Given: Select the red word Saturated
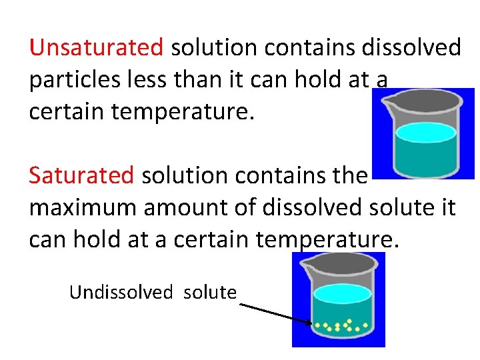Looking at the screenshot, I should coord(81,175).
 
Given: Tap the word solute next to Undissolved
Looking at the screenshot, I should coord(209,292).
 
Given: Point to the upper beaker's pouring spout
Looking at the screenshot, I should coord(386,100).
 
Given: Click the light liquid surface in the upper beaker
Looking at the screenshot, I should coord(425,133).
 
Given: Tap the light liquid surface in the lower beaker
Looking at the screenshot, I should coord(342,294).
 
